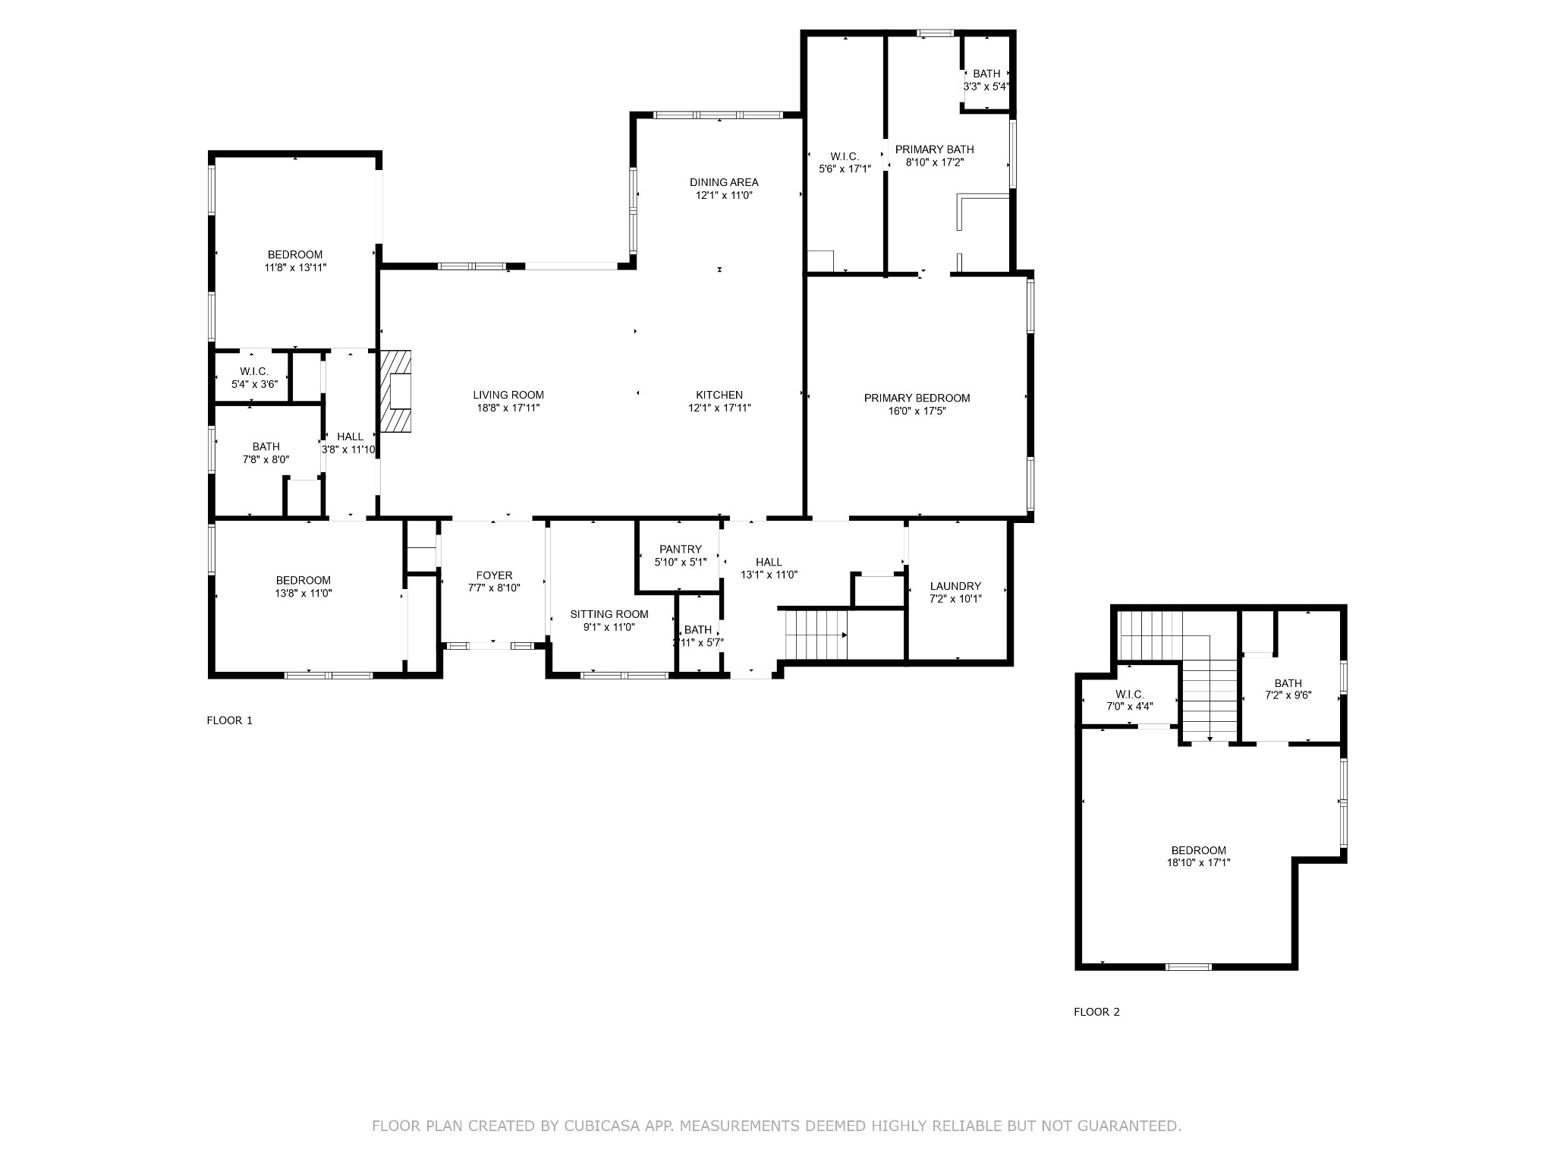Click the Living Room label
pyautogui.click(x=508, y=395)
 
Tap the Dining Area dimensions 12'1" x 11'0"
pyautogui.click(x=724, y=195)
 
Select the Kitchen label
pyautogui.click(x=719, y=395)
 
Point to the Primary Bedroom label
pyautogui.click(x=917, y=398)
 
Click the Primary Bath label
pyautogui.click(x=934, y=149)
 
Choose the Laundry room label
pyautogui.click(x=955, y=586)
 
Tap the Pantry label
pyautogui.click(x=681, y=549)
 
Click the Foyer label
pyautogui.click(x=494, y=575)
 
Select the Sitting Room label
pyautogui.click(x=609, y=614)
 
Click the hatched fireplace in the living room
pyautogui.click(x=395, y=391)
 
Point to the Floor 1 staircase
pyautogui.click(x=816, y=635)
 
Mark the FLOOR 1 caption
pyautogui.click(x=229, y=720)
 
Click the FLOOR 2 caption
pyautogui.click(x=1096, y=1012)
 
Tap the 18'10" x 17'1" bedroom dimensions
pyautogui.click(x=1198, y=862)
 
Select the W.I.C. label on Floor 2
pyautogui.click(x=1130, y=695)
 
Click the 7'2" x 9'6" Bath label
pyautogui.click(x=1288, y=683)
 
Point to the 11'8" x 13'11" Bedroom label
pyautogui.click(x=294, y=254)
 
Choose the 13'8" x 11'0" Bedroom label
pyautogui.click(x=303, y=581)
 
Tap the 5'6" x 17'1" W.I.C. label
pyautogui.click(x=844, y=156)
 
